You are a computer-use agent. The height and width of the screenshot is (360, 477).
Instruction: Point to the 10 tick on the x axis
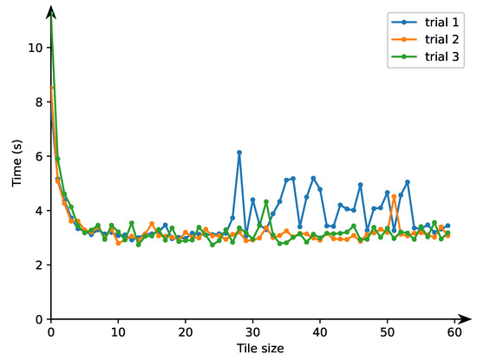[118, 332]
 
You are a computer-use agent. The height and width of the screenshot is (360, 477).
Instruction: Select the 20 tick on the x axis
[185, 332]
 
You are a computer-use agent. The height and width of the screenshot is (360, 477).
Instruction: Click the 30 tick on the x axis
[252, 332]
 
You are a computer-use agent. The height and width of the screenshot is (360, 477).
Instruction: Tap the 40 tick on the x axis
[319, 332]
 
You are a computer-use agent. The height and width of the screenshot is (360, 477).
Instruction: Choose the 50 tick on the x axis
[387, 332]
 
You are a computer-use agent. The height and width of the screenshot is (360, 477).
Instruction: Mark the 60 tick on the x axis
[454, 332]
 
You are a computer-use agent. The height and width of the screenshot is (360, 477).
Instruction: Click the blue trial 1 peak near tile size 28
[239, 153]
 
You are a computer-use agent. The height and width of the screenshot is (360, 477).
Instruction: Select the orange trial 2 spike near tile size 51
[394, 196]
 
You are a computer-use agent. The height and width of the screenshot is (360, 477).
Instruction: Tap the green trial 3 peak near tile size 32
[266, 202]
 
